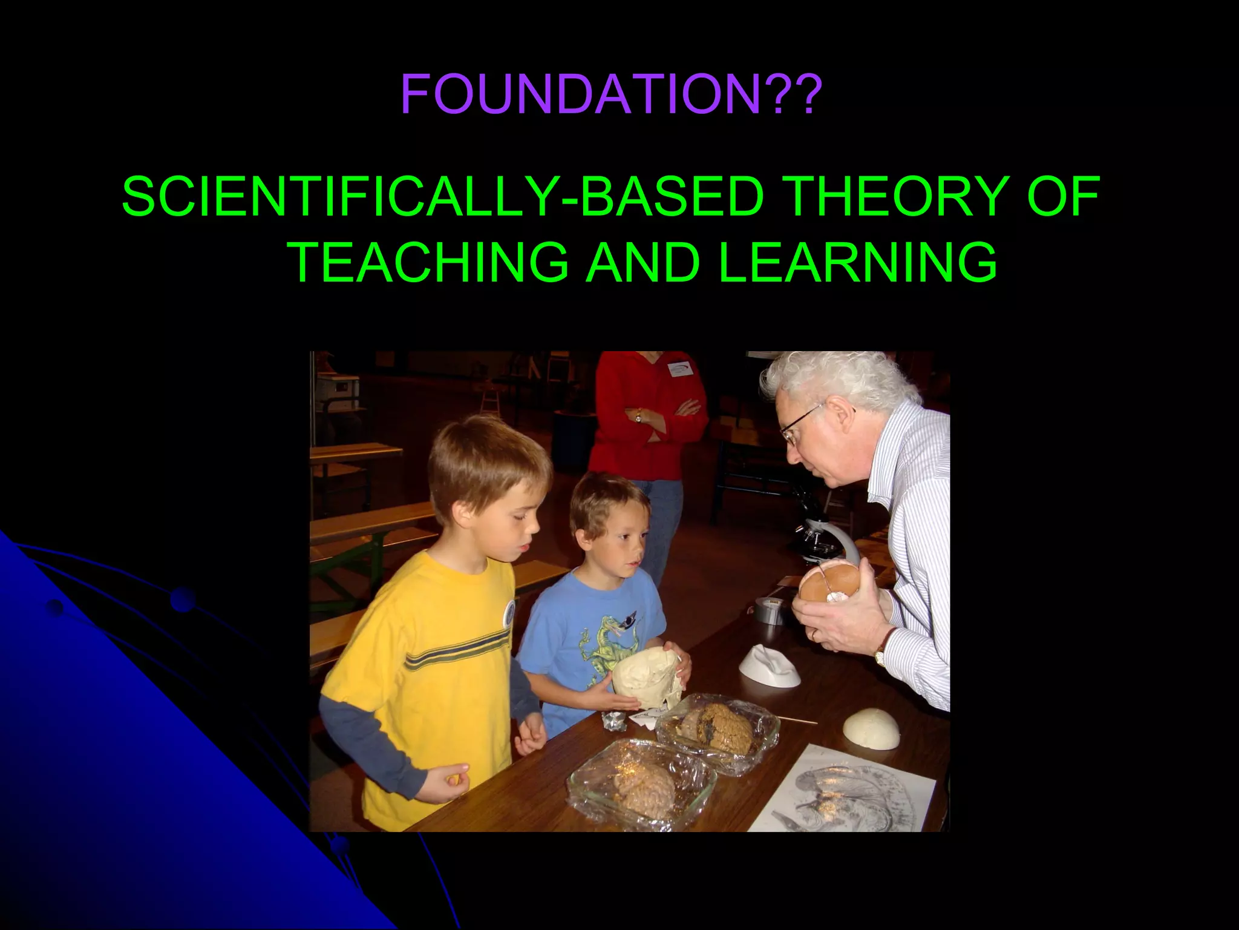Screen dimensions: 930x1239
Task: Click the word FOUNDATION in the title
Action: pyautogui.click(x=580, y=94)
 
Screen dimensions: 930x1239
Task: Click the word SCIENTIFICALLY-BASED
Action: pyautogui.click(x=442, y=196)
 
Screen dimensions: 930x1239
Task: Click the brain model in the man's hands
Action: pyautogui.click(x=829, y=585)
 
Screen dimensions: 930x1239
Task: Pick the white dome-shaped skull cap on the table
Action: pyautogui.click(x=871, y=729)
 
